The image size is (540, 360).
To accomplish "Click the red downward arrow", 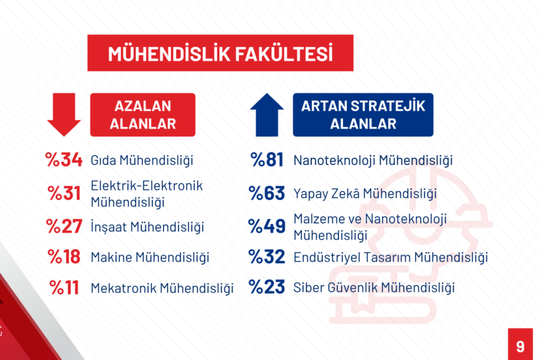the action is pyautogui.click(x=64, y=114).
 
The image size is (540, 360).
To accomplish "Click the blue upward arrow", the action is pyautogui.click(x=267, y=115).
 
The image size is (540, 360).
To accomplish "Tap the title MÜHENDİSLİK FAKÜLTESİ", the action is pyautogui.click(x=220, y=53).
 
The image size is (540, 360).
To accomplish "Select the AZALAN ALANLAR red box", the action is pyautogui.click(x=143, y=115).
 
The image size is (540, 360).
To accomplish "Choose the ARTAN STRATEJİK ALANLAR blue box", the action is pyautogui.click(x=363, y=115).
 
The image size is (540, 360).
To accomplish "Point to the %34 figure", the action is pyautogui.click(x=64, y=160).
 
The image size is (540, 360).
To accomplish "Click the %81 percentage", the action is pyautogui.click(x=267, y=160).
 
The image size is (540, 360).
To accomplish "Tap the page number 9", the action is pyautogui.click(x=520, y=346).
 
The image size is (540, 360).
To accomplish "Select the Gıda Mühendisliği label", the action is pyautogui.click(x=142, y=160).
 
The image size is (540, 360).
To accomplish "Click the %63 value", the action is pyautogui.click(x=267, y=193).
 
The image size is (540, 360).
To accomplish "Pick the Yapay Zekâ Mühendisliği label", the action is pyautogui.click(x=365, y=194).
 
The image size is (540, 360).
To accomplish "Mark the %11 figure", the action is pyautogui.click(x=64, y=288).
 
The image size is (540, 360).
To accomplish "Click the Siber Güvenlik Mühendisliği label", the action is pyautogui.click(x=374, y=288).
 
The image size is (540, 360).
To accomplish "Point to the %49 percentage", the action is pyautogui.click(x=267, y=226).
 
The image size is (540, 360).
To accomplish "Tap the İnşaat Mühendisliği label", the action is pyautogui.click(x=147, y=228).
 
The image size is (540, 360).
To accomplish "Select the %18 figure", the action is pyautogui.click(x=64, y=257).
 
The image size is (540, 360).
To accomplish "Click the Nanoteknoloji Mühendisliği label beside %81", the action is pyautogui.click(x=373, y=160).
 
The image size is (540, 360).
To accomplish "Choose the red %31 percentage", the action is pyautogui.click(x=64, y=193).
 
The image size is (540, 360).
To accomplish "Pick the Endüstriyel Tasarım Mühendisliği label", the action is pyautogui.click(x=391, y=258).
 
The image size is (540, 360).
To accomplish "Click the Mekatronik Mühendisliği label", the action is pyautogui.click(x=162, y=289).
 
